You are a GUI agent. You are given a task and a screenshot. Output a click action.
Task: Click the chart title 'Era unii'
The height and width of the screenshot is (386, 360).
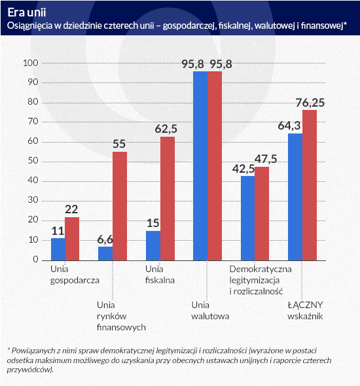pos(27,12)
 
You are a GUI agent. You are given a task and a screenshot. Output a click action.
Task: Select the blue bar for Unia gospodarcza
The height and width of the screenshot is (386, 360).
pos(58,249)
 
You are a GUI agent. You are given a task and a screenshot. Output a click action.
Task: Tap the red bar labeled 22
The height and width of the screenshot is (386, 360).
pos(72,239)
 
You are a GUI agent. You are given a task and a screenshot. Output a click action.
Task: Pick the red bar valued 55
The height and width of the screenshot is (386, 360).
pos(120,206)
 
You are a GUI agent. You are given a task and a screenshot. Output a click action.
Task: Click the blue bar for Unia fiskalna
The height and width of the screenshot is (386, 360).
pos(153,245)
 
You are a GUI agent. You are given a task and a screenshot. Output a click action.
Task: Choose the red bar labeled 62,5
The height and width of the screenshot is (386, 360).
pos(168,198)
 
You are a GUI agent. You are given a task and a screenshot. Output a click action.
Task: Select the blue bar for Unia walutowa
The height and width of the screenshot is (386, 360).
pos(200,166)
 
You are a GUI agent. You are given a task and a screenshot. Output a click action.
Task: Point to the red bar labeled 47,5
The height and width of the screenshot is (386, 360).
pos(262,214)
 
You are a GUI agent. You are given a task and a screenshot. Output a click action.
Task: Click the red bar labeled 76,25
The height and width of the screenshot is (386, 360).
pos(310,185)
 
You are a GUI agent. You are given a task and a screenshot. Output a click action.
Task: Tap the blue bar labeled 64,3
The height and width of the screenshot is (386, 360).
pos(295,197)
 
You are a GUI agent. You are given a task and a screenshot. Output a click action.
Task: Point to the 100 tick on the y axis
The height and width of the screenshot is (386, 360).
pos(31,63)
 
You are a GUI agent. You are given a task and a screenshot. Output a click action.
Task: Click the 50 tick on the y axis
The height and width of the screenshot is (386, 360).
pos(33,160)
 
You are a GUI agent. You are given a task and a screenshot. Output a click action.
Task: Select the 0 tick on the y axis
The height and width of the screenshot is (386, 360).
pos(36,259)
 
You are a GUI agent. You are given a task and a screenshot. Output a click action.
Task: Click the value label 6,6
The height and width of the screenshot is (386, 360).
pos(105,239)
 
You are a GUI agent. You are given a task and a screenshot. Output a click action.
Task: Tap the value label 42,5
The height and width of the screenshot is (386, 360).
pos(243,169)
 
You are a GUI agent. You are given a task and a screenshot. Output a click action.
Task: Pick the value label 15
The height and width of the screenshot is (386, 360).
pos(153,223)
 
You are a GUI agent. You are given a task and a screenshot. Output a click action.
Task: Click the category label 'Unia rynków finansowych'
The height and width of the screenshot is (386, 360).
pos(121,316)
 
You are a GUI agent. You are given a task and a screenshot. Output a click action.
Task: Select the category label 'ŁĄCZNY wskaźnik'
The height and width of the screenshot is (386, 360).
pos(305,310)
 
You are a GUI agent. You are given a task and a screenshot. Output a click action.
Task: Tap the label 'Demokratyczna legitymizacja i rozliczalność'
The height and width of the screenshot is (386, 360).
pos(261,280)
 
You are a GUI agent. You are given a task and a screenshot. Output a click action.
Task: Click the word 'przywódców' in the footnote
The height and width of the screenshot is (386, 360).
pos(29,370)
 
